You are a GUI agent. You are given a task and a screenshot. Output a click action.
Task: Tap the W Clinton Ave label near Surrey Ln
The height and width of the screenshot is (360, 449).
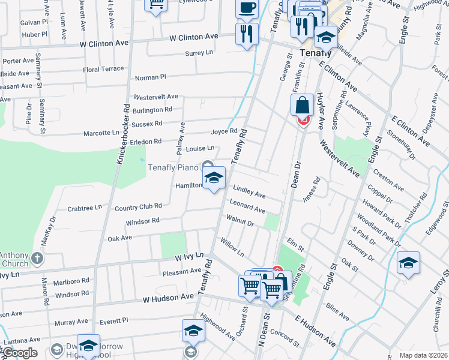pyautogui.click(x=193, y=37)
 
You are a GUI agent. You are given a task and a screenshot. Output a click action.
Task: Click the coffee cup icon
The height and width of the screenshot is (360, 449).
pyautogui.click(x=247, y=8)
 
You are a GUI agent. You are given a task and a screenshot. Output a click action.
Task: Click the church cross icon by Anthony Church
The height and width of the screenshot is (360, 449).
pyautogui.click(x=37, y=259)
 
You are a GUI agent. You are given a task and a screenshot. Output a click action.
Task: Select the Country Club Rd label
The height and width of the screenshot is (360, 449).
pyautogui.click(x=139, y=206)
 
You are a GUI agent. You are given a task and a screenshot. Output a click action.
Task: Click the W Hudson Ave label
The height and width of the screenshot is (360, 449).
pyautogui.click(x=169, y=298)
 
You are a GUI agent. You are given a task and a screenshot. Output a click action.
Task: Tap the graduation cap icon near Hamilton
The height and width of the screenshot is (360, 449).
pyautogui.click(x=213, y=178)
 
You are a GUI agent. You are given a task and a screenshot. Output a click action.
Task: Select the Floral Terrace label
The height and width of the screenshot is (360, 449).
pyautogui.click(x=103, y=70)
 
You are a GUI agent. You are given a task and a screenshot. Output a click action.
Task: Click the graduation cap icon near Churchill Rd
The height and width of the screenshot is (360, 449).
pyautogui.click(x=408, y=263)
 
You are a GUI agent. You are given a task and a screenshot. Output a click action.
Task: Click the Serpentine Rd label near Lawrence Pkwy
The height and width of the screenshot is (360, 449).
pyautogui.click(x=343, y=104)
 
